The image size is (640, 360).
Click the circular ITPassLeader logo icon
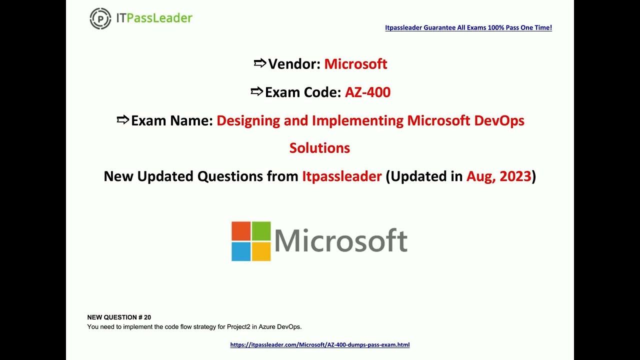coord(100,18)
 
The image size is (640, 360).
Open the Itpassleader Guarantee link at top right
coord(468,28)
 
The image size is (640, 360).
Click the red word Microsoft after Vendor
coord(355,64)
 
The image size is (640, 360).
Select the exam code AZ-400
coord(367,92)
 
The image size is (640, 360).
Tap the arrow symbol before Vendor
coord(259,63)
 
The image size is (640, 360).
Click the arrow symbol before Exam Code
coord(256,91)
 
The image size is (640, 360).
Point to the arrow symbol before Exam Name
coord(122,120)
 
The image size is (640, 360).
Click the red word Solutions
coord(319,148)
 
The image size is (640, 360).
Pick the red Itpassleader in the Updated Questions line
coord(341,176)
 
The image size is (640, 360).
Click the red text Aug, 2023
coord(498,176)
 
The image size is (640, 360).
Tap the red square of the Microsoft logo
coord(240,231)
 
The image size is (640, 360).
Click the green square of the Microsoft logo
coord(261,231)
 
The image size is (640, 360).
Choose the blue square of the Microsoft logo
coord(240,251)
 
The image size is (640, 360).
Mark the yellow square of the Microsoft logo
coord(261,251)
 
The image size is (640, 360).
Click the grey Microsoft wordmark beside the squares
coord(341,241)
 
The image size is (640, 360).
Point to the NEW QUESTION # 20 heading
coord(119,317)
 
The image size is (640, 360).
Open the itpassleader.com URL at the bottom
coord(320,345)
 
